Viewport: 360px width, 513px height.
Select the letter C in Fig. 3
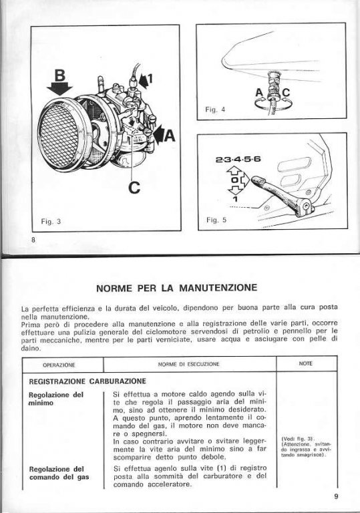[134, 188]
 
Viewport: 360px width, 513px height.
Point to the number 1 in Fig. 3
[150, 79]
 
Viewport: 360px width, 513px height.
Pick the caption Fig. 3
[51, 222]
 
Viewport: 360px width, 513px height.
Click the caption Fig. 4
[215, 110]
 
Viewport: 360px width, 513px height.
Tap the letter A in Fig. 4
[259, 93]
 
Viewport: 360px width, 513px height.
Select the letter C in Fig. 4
[286, 93]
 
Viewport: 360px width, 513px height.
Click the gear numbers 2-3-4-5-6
[238, 160]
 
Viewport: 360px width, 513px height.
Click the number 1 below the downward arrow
[235, 198]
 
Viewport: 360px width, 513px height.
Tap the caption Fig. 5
[216, 220]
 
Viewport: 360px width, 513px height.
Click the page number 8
[33, 240]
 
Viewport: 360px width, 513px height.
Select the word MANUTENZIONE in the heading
[218, 288]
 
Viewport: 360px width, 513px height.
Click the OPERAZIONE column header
[59, 365]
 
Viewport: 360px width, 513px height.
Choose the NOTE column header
[306, 363]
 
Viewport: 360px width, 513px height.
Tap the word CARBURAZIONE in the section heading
[118, 381]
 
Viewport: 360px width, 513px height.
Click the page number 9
[336, 496]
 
